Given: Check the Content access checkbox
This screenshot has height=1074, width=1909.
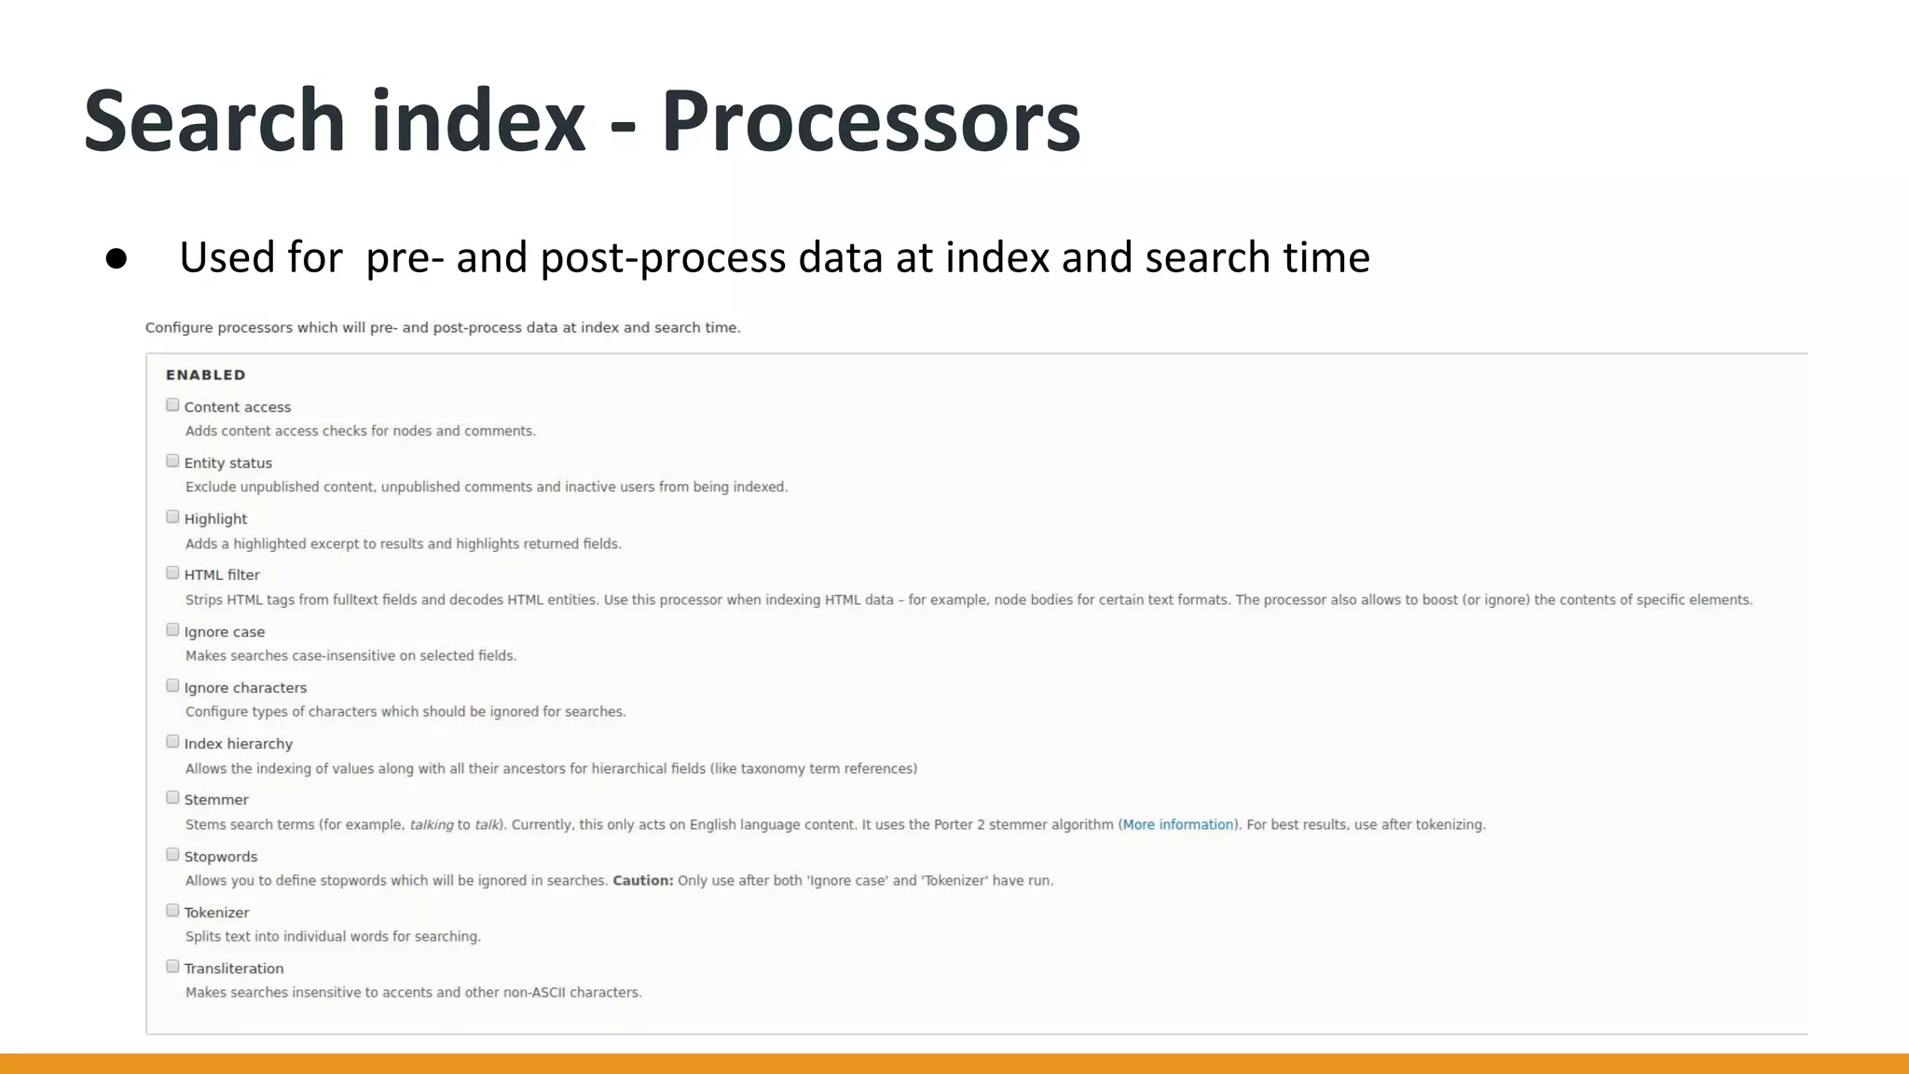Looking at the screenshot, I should [x=172, y=405].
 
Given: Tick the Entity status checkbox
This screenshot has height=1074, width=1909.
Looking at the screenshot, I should [x=172, y=461].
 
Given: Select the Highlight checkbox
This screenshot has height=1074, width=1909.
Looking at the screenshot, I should [x=172, y=516].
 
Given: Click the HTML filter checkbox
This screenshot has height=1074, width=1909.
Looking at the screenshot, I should [x=172, y=572].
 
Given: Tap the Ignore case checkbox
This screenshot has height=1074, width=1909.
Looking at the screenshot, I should [x=172, y=629].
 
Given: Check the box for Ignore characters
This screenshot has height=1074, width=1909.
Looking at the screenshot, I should [x=172, y=685].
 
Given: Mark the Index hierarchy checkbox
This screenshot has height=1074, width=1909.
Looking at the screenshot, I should [x=172, y=741].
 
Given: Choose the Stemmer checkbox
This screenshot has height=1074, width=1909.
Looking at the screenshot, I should [x=172, y=797].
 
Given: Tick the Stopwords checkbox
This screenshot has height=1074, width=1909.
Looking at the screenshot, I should [x=172, y=854].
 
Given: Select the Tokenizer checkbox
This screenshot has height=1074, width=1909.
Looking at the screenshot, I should [x=172, y=910].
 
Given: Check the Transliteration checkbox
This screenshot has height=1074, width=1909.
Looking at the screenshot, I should [x=172, y=966].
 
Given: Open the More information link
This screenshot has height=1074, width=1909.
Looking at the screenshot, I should [x=1177, y=824].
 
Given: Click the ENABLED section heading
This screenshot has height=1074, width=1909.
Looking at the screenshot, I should [x=206, y=375].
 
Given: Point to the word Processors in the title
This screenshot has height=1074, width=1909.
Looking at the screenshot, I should [x=871, y=121].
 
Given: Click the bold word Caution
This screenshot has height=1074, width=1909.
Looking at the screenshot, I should [x=642, y=880].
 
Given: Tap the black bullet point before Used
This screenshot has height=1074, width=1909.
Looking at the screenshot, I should [x=117, y=258].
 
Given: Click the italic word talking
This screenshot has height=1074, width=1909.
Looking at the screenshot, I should [x=432, y=824].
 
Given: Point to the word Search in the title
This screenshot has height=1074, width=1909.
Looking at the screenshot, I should [x=214, y=121].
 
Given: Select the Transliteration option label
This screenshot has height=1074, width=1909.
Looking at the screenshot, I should [x=234, y=968].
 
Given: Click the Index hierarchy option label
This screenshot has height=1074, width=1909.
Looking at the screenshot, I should [x=239, y=743].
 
